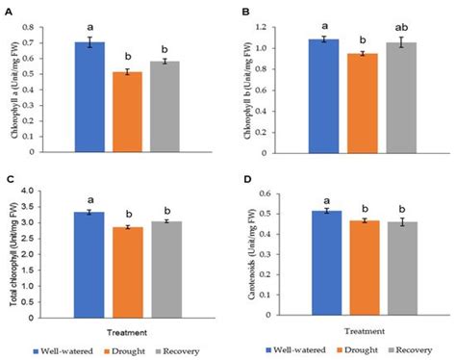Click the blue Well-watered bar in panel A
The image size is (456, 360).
point(89,97)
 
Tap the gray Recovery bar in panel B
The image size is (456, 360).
point(397,97)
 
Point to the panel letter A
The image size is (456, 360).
point(8,11)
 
